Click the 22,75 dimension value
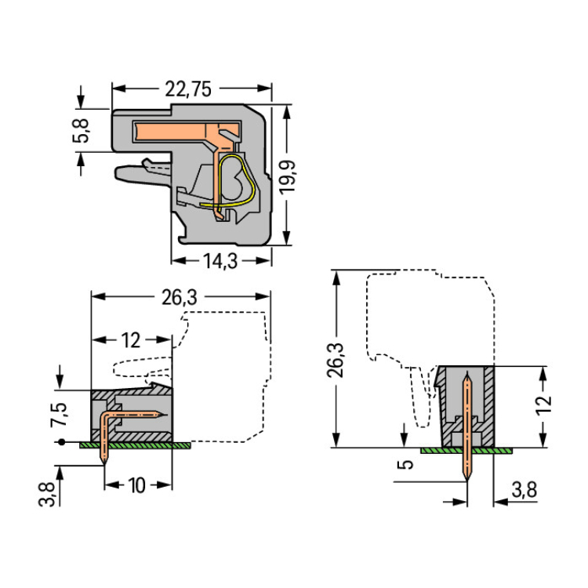point(187,89)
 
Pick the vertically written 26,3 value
point(336,359)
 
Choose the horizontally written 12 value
point(130,340)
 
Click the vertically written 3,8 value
point(49,495)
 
